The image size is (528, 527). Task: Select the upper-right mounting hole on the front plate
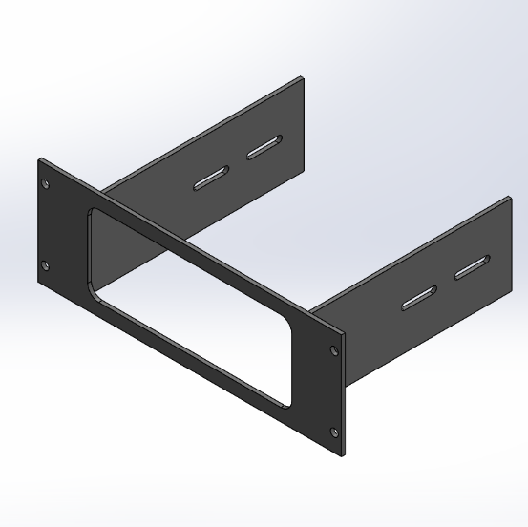point(333,350)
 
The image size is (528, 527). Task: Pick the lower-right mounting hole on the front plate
point(335,434)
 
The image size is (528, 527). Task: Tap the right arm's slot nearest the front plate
point(418,298)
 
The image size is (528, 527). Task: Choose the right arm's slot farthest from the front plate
point(473,268)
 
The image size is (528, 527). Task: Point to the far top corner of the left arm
point(302,80)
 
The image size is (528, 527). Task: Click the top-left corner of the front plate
point(39,158)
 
